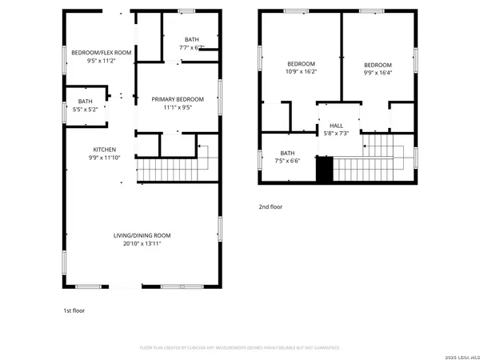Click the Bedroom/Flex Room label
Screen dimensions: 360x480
click(101, 52)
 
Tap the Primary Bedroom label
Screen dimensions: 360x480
click(178, 99)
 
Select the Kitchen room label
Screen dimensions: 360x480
click(104, 150)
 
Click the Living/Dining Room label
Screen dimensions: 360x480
click(142, 235)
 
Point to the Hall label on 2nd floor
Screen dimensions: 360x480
click(330, 126)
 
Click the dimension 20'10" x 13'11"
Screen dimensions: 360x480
click(142, 243)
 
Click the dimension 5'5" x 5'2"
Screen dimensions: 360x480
click(86, 109)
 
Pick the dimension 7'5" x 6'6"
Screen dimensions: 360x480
click(287, 161)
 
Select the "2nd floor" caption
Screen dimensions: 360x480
click(270, 206)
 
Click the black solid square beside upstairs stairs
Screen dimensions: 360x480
click(324, 170)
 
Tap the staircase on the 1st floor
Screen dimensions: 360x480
click(173, 170)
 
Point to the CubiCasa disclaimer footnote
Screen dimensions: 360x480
click(239, 348)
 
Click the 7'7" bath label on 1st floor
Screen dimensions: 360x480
click(191, 43)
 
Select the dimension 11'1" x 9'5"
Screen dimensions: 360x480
click(178, 107)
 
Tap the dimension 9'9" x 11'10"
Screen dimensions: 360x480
click(104, 158)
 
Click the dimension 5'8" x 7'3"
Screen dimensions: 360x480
click(330, 133)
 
